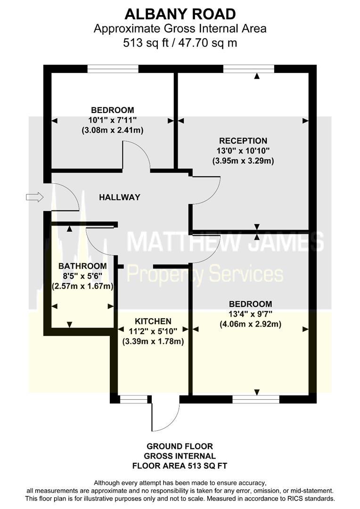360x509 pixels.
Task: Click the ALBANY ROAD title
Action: [180, 13]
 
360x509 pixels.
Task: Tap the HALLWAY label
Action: [120, 197]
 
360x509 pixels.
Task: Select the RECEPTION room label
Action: [243, 141]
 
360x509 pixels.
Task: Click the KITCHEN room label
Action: [153, 321]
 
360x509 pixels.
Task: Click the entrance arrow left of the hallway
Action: [34, 197]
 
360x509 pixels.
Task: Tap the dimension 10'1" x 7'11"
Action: [113, 120]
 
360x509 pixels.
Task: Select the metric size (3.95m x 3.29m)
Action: [243, 161]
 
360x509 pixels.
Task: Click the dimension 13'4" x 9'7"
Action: [250, 314]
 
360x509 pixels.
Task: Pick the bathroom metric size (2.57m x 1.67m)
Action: [83, 286]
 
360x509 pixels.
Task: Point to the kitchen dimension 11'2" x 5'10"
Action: [153, 331]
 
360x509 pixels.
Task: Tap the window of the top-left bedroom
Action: [113, 69]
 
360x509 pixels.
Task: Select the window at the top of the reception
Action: [249, 69]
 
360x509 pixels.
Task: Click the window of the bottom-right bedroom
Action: [256, 399]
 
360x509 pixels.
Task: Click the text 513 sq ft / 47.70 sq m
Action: [180, 43]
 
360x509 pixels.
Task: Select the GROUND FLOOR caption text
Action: [180, 446]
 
